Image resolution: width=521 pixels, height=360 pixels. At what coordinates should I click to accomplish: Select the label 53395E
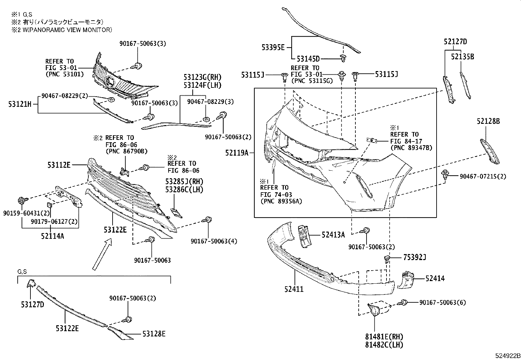[273, 47]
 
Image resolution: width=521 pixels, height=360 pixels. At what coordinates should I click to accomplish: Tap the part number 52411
[294, 289]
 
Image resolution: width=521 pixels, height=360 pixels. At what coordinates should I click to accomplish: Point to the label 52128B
[488, 122]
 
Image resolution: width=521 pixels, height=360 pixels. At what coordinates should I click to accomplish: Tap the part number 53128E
[154, 334]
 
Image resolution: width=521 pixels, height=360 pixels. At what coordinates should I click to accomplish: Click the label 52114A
[52, 235]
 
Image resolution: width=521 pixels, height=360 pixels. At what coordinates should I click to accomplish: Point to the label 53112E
[59, 165]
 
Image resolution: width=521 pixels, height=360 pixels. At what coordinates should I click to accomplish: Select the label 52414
[435, 278]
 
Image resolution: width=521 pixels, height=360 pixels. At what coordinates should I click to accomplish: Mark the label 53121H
[20, 104]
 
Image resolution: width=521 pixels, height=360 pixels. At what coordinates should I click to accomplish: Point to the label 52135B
[462, 57]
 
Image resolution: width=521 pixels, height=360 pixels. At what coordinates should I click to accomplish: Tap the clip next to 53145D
[343, 58]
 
